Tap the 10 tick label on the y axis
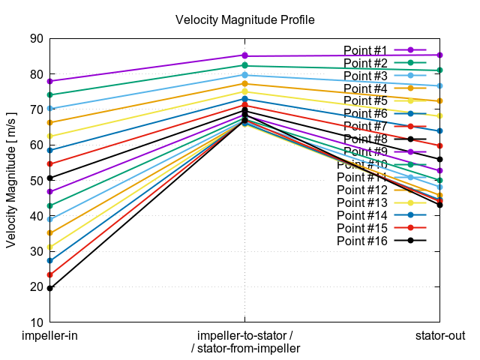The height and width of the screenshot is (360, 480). pyautogui.click(x=35, y=322)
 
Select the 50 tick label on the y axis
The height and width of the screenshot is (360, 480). pyautogui.click(x=35, y=181)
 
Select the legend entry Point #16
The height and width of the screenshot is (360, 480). pyautogui.click(x=363, y=241)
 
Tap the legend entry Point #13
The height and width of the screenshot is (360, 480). pyautogui.click(x=363, y=202)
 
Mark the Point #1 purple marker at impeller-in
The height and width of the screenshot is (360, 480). pyautogui.click(x=49, y=81)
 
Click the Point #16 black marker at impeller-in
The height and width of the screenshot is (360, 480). pyautogui.click(x=49, y=288)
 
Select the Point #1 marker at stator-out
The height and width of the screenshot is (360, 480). pyautogui.click(x=439, y=55)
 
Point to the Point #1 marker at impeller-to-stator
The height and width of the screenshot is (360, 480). pyautogui.click(x=244, y=55)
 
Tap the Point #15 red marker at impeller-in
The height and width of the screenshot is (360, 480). pyautogui.click(x=49, y=274)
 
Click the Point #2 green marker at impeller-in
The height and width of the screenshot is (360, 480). pyautogui.click(x=49, y=94)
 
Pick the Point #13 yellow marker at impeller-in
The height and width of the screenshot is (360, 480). pyautogui.click(x=49, y=247)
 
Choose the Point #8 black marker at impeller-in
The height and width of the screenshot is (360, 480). pyautogui.click(x=49, y=178)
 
